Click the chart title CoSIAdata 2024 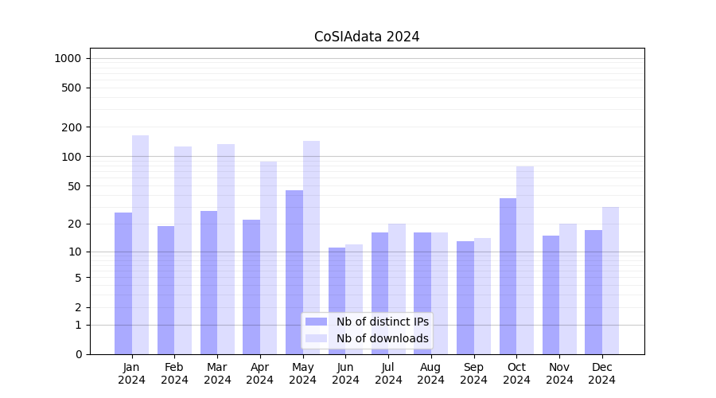367,37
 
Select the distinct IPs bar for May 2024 294,271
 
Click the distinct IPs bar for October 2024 508,275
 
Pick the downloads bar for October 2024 525,259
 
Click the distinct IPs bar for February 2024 166,290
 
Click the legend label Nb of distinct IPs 382,322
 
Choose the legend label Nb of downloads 382,338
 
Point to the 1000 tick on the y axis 68,58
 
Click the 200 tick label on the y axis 72,127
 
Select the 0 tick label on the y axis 78,354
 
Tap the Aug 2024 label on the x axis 431,373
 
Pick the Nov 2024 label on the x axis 559,373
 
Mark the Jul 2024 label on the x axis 388,373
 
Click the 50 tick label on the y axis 75,186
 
